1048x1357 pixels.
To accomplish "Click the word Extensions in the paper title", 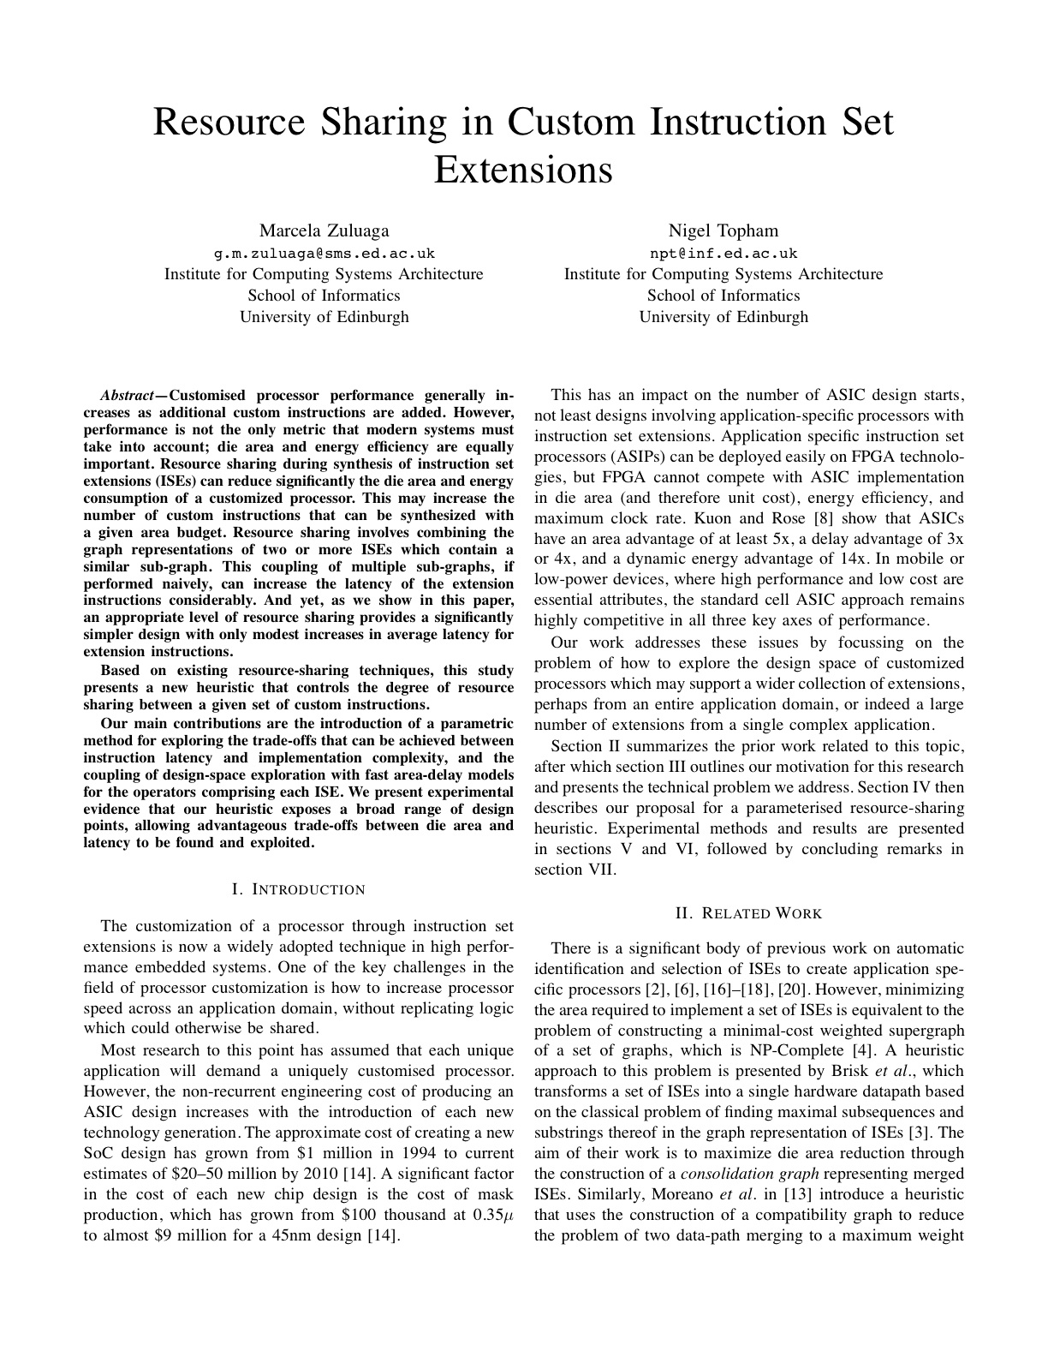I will click(523, 170).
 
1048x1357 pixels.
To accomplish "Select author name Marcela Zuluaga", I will click(324, 230).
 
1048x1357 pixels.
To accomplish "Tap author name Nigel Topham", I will click(723, 230).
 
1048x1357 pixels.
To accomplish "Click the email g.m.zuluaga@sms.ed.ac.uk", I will click(324, 253).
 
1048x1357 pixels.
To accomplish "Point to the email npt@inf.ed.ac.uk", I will click(723, 253).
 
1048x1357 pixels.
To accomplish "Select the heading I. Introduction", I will click(299, 889).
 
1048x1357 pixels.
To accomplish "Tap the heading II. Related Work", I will click(749, 913).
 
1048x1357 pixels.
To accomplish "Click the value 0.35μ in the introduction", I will click(492, 1216).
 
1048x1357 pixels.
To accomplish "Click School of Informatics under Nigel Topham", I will click(723, 296).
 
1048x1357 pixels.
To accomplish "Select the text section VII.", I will click(575, 870).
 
